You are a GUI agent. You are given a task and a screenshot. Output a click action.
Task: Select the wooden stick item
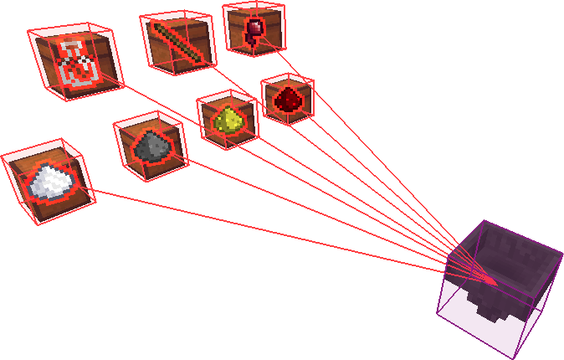point(178,43)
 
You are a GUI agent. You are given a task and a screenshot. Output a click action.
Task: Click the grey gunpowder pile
point(152,148)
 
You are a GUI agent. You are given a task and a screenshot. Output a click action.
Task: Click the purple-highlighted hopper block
point(498,289)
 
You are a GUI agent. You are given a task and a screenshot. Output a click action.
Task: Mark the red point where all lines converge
point(493,283)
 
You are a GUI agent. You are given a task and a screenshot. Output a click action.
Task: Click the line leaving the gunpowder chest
point(318,213)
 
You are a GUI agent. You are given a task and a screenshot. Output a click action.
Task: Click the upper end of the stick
point(157,28)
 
